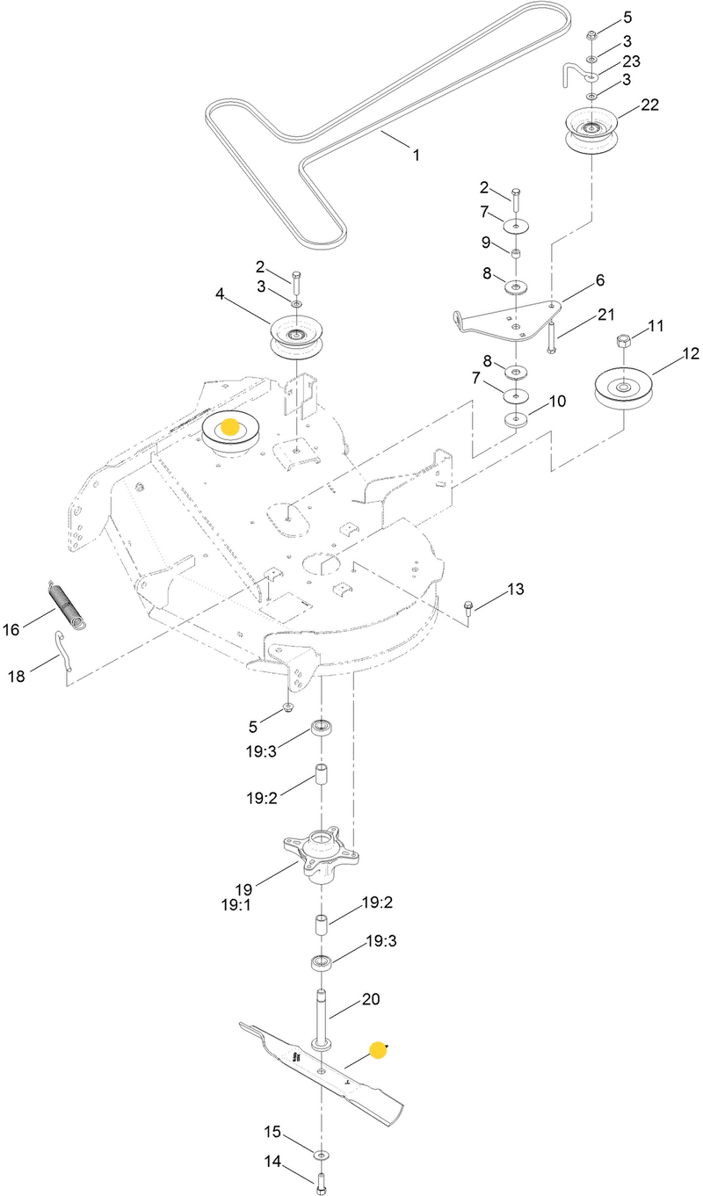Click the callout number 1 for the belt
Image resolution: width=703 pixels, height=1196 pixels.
point(416,156)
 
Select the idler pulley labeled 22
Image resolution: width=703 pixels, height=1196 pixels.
point(591,132)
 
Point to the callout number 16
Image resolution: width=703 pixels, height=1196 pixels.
point(11,629)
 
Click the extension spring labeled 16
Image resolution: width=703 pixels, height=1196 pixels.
point(67,604)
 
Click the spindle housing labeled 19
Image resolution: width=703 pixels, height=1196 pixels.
point(321,857)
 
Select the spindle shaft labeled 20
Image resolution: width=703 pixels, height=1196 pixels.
point(321,1020)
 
